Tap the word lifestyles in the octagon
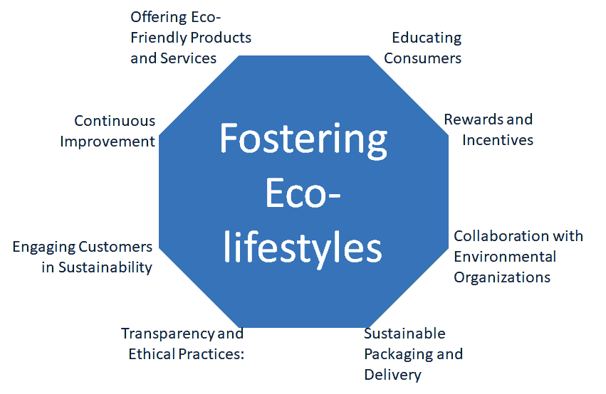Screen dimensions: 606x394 click(303, 248)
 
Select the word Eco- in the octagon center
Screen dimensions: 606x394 click(303, 193)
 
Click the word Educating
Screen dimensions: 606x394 click(427, 38)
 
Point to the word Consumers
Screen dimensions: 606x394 click(422, 58)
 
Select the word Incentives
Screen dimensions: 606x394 click(498, 140)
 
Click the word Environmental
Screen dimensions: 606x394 click(505, 257)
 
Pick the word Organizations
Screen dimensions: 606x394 click(502, 278)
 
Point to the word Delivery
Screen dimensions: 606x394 click(392, 376)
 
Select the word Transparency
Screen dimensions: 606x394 click(168, 334)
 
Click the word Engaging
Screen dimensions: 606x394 click(43, 247)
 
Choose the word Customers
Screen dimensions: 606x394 click(115, 247)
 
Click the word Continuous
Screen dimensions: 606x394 click(115, 121)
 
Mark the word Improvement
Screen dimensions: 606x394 click(108, 142)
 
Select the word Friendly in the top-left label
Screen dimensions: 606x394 click(159, 38)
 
